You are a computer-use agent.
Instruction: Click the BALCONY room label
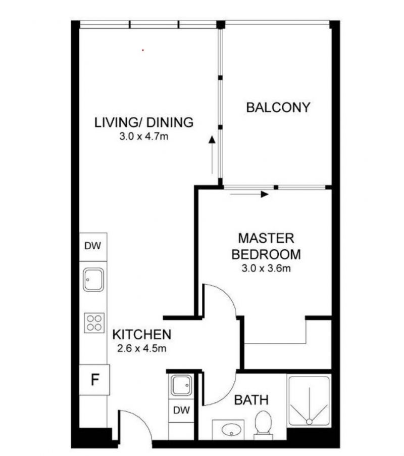point(278,107)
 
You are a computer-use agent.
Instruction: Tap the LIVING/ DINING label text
point(144,122)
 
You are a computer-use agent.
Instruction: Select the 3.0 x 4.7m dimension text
point(144,136)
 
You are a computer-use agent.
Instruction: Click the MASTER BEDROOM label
point(266,246)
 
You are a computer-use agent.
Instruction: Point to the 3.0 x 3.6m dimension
point(266,268)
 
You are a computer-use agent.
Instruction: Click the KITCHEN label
point(142,335)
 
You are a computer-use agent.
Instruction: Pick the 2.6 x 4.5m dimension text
point(142,348)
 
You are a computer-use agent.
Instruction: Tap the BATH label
point(251,400)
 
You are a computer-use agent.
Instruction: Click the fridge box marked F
point(94,380)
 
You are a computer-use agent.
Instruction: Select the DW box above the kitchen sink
point(93,247)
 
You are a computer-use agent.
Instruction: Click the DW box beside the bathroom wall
point(181,411)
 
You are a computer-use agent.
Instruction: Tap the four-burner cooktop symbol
point(94,323)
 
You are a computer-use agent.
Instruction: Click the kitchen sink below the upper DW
point(93,280)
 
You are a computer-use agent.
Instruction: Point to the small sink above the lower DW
point(181,385)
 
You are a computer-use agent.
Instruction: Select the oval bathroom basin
point(231,430)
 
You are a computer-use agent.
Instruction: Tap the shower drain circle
point(309,422)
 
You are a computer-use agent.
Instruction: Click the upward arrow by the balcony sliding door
point(212,155)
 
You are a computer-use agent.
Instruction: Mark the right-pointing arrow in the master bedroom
point(249,194)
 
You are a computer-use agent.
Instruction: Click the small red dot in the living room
point(143,51)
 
